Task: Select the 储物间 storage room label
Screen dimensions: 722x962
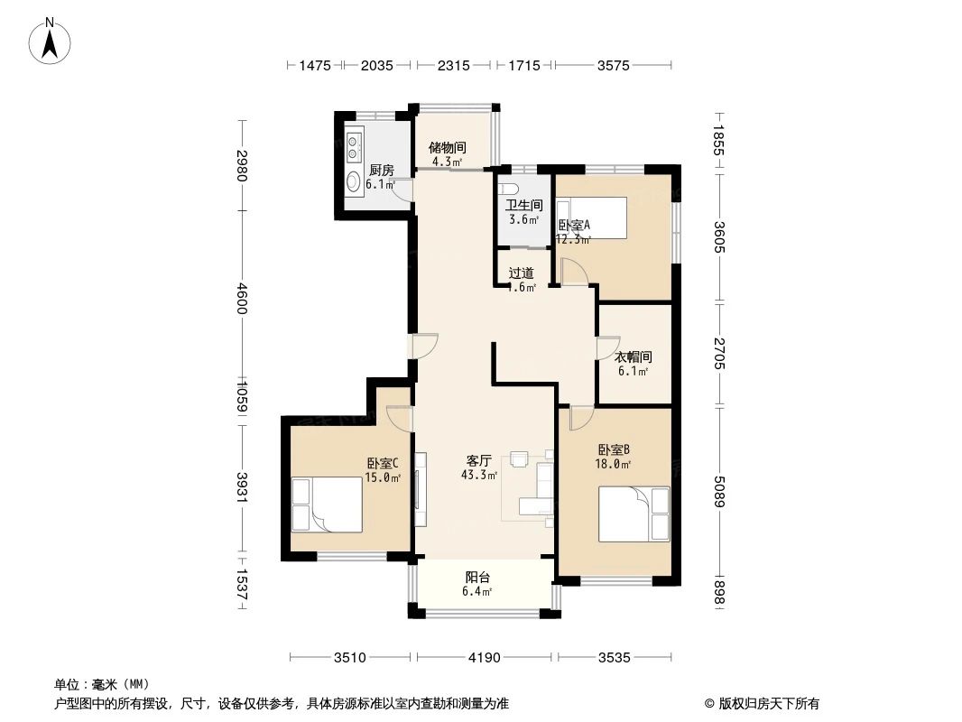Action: (447, 147)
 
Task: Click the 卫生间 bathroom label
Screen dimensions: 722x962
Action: (523, 205)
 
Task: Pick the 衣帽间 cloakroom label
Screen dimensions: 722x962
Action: (633, 356)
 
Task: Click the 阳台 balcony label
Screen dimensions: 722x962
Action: (477, 578)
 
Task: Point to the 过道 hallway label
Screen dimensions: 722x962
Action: (521, 273)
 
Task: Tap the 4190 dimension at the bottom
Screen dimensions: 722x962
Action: (484, 658)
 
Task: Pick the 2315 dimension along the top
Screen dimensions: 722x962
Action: (453, 65)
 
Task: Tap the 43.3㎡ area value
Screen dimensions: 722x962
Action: (478, 475)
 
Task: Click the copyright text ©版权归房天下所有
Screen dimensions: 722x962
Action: (756, 704)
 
